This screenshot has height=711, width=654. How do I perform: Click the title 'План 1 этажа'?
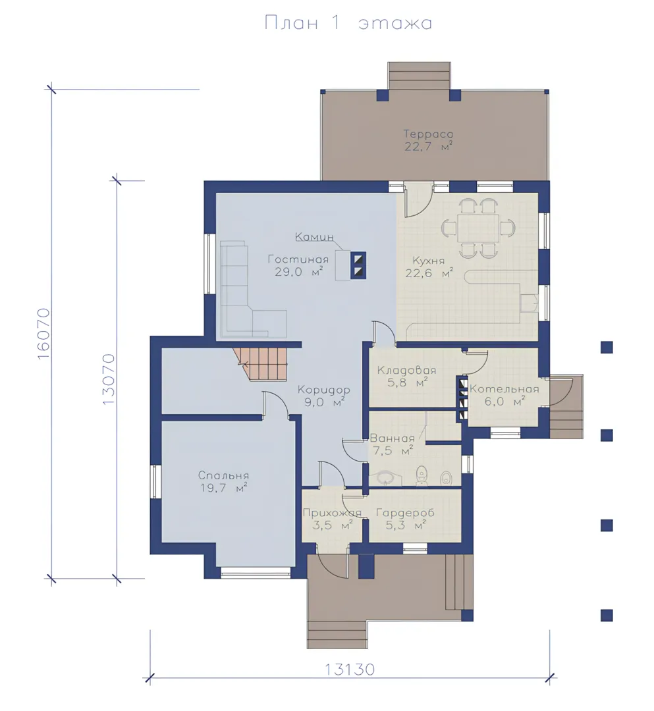[348, 23]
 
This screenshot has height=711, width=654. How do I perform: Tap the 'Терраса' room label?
[428, 134]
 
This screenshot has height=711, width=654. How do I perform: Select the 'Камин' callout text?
[314, 237]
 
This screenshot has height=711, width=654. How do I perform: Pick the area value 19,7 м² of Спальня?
[223, 488]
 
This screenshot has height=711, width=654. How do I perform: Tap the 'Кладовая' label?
[406, 371]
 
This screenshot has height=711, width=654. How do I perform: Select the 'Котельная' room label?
[504, 389]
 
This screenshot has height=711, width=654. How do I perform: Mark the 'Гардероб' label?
[405, 513]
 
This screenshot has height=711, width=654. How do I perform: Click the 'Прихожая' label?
[332, 513]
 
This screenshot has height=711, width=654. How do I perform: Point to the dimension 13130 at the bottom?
[350, 670]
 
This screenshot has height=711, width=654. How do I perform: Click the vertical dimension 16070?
[43, 334]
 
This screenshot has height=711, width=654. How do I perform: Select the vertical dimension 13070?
[109, 379]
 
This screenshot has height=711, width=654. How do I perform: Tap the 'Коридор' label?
[323, 390]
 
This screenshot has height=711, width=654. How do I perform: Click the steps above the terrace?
[419, 76]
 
